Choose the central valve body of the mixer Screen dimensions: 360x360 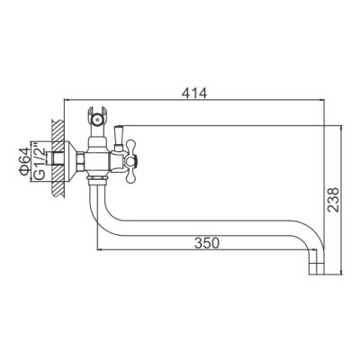click(102, 159)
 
